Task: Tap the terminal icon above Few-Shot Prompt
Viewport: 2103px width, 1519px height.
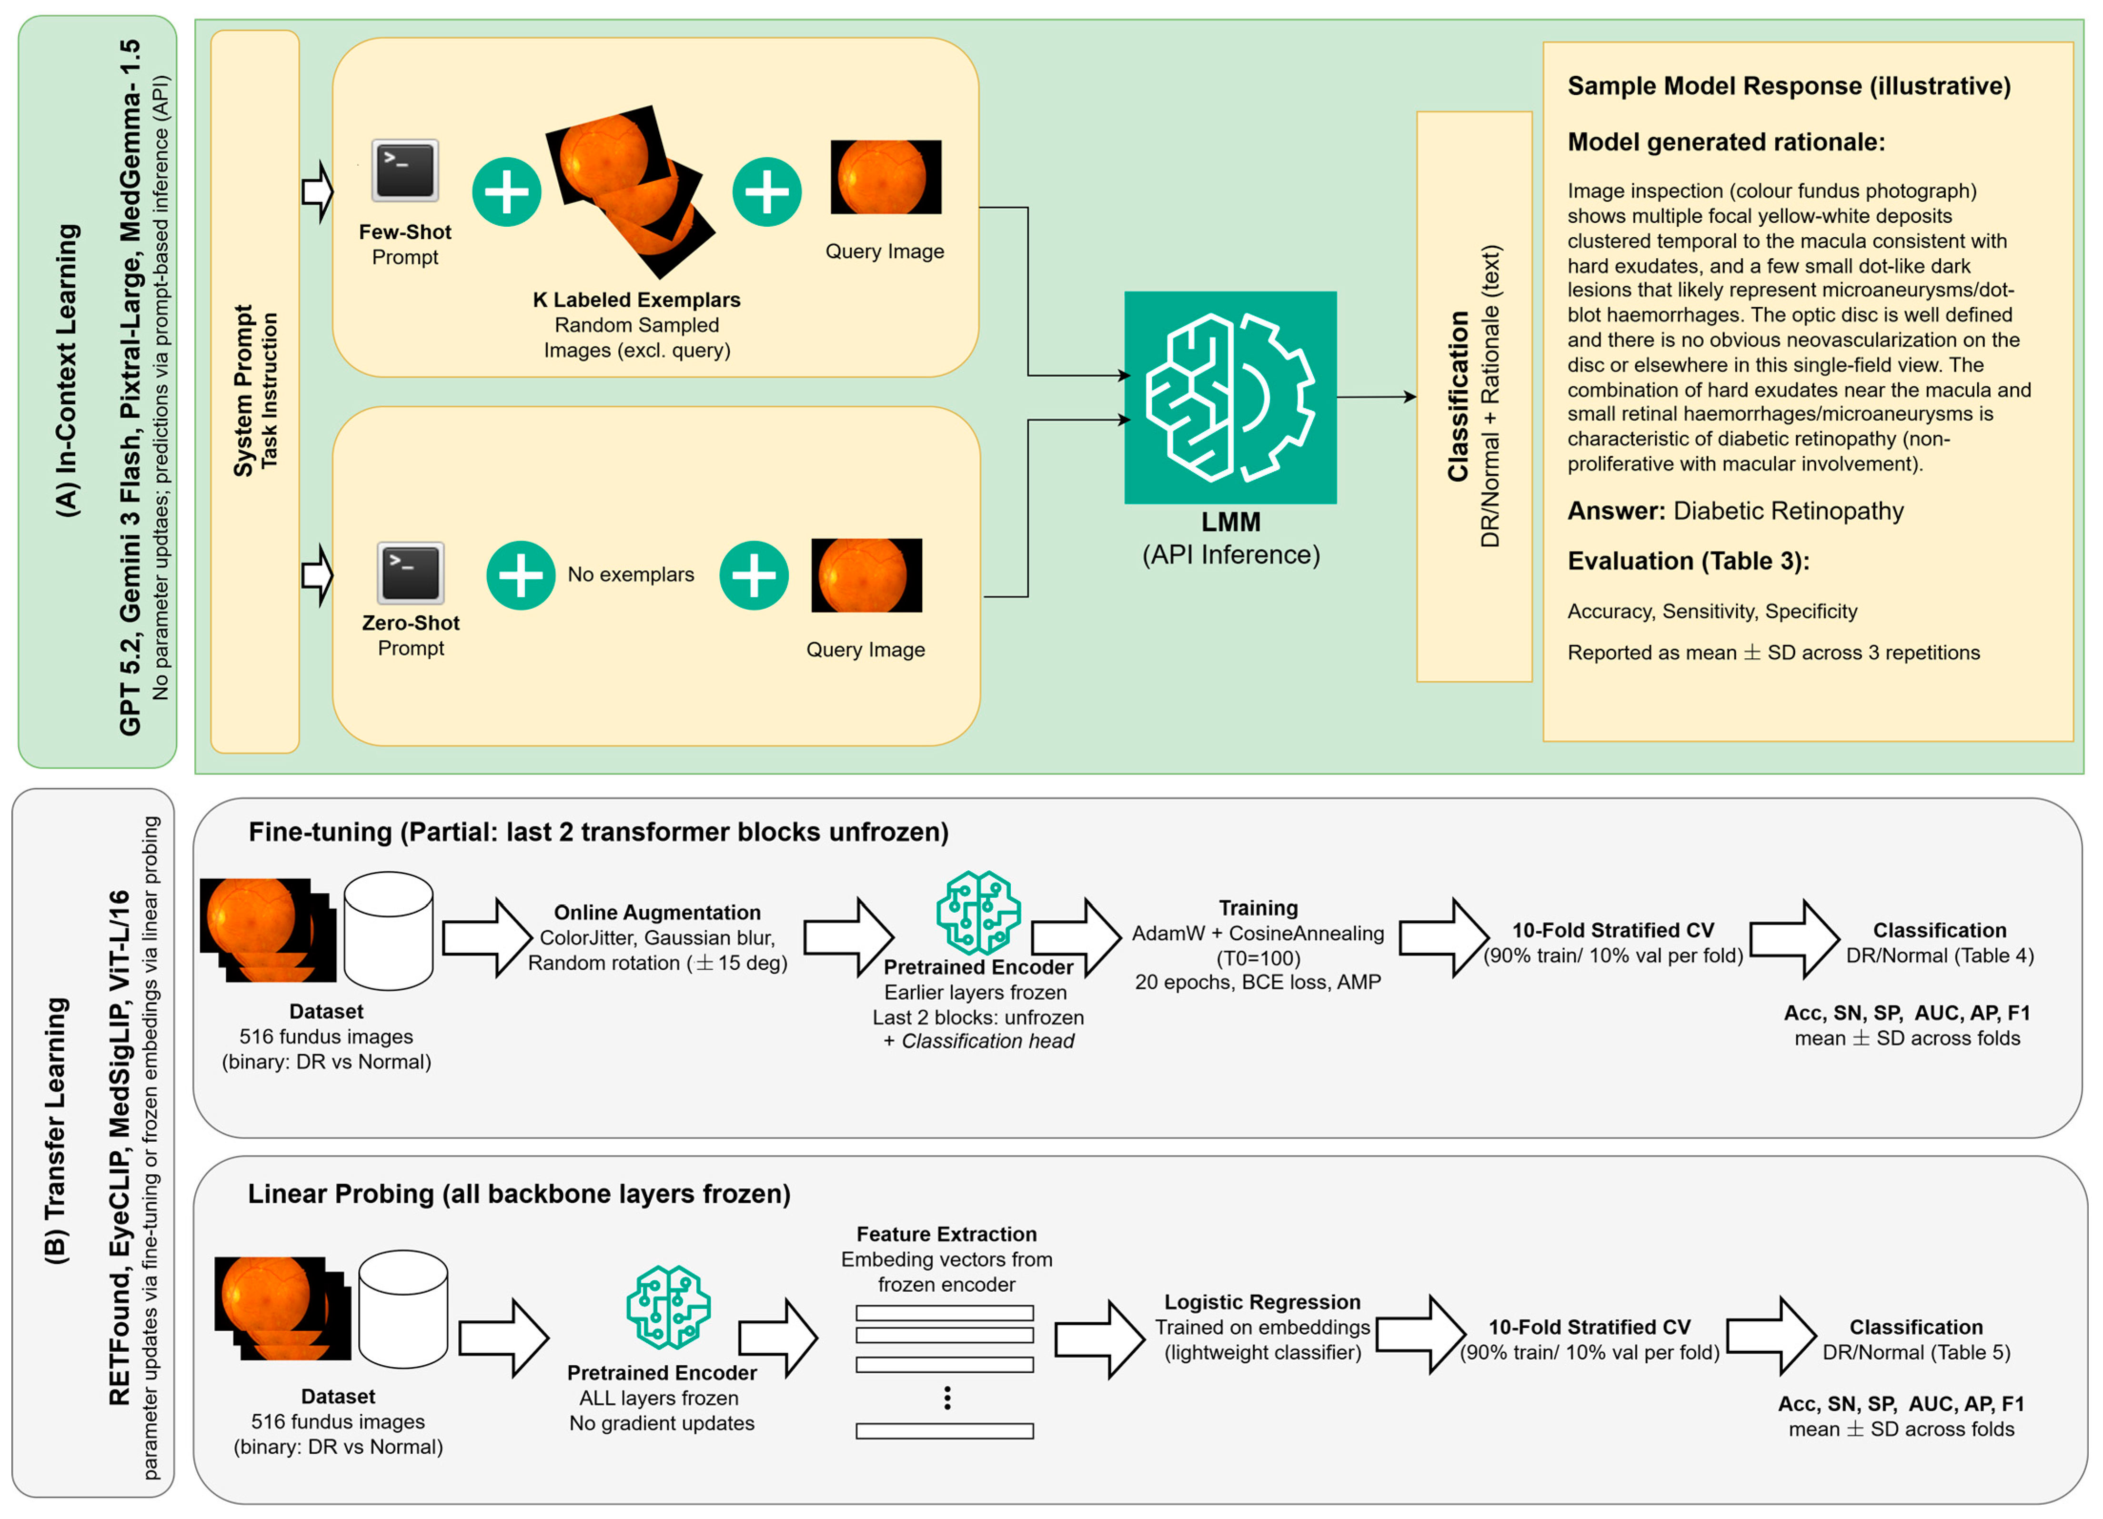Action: click(x=405, y=171)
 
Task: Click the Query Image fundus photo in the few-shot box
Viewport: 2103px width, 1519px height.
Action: click(x=885, y=177)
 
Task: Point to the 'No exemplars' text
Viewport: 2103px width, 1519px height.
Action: click(x=631, y=575)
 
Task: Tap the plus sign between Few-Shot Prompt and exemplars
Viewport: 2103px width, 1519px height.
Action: click(x=506, y=192)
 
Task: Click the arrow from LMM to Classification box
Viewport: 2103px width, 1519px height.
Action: click(x=1377, y=397)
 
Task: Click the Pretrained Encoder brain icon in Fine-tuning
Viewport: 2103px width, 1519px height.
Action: click(x=978, y=913)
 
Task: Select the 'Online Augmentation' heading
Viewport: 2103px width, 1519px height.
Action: click(x=657, y=913)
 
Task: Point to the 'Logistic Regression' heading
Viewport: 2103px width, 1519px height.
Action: click(x=1262, y=1302)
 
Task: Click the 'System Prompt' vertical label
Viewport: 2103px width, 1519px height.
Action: click(x=243, y=392)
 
